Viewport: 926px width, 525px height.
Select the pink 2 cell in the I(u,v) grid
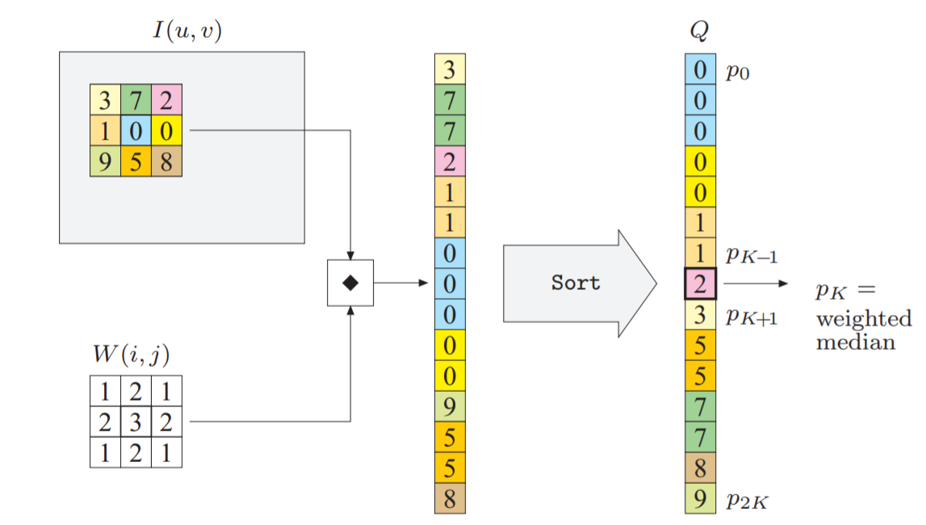pos(166,100)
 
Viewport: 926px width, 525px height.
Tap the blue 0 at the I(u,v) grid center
pos(135,131)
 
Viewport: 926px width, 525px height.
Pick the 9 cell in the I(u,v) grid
pos(105,161)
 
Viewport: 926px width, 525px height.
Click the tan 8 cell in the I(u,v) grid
pos(166,161)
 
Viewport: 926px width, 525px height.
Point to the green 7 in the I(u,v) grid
pos(135,100)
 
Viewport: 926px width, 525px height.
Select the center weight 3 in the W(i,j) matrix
pos(135,422)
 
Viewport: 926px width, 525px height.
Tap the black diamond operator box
pos(350,283)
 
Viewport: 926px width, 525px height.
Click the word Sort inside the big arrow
pos(576,283)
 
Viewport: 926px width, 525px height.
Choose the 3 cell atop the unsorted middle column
pos(450,69)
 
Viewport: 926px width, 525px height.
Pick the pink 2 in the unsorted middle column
pos(450,162)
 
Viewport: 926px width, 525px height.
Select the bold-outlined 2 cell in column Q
pos(699,283)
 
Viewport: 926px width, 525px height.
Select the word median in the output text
pos(855,342)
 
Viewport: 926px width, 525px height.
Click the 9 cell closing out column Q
pos(699,498)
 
